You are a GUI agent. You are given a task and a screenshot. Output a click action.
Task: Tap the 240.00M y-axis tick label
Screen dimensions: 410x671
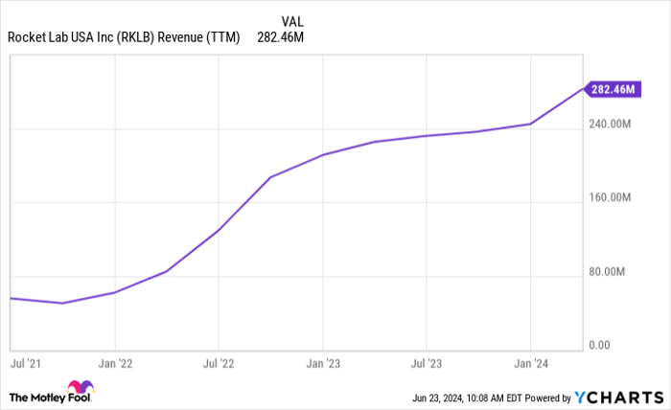click(x=610, y=125)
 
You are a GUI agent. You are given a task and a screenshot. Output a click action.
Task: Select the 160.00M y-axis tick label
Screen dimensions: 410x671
click(x=610, y=198)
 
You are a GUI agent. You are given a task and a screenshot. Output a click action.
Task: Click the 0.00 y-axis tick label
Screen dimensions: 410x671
click(x=600, y=345)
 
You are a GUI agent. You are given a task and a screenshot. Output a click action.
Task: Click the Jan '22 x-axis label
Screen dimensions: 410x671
click(x=114, y=364)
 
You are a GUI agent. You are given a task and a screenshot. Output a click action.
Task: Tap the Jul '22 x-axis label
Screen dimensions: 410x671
click(x=219, y=364)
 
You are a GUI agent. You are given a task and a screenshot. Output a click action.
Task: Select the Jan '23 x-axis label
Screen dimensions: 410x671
click(x=323, y=364)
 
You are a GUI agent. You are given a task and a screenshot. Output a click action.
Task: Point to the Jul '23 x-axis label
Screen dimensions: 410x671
click(x=426, y=364)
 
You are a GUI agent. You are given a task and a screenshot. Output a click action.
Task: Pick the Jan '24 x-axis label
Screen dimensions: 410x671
click(x=530, y=364)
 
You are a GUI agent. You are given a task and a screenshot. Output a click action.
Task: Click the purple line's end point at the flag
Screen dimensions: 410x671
click(x=583, y=89)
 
